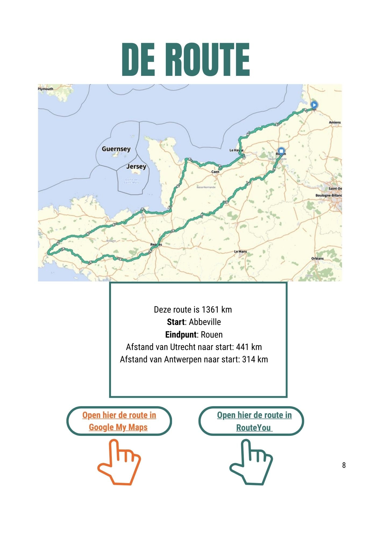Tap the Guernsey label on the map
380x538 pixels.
(116, 149)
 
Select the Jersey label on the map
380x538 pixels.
(136, 167)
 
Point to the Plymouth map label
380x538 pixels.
(46, 89)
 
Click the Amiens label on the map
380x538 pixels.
(335, 122)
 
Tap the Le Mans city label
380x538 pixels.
(240, 252)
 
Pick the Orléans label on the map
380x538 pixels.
(317, 259)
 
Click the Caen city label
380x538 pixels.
(215, 172)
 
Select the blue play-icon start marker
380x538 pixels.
(314, 105)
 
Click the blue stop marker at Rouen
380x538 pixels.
(281, 151)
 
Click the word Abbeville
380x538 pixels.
(205, 322)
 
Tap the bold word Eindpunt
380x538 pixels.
(181, 335)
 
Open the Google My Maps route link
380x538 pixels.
(119, 421)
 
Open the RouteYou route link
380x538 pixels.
(254, 421)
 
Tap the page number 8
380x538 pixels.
(344, 465)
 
